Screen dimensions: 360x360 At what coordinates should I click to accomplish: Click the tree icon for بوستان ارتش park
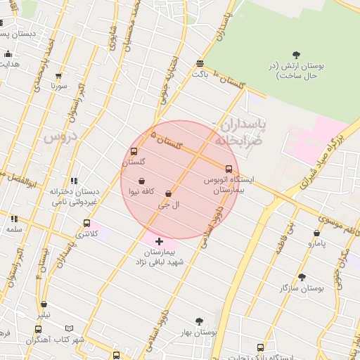pos(296,56)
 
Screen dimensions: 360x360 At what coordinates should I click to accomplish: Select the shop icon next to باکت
pos(201,63)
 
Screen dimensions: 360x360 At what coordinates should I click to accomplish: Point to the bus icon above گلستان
pos(134,151)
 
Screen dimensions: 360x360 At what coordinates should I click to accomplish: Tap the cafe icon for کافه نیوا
pos(141,181)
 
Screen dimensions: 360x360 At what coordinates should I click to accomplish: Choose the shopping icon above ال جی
pos(168,194)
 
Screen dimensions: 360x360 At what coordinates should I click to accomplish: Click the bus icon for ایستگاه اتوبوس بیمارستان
pos(229,169)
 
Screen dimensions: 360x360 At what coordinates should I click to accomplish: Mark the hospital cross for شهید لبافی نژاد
pos(159,241)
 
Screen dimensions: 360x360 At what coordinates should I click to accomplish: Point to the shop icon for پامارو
pos(316,233)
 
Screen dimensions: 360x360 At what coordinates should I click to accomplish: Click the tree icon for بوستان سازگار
pos(302,277)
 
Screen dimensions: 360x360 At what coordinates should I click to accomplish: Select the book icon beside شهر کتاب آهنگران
pos(69,328)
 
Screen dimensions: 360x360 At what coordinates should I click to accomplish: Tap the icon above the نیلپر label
pos(44,305)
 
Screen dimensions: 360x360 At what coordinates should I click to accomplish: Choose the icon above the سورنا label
pos(58,76)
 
